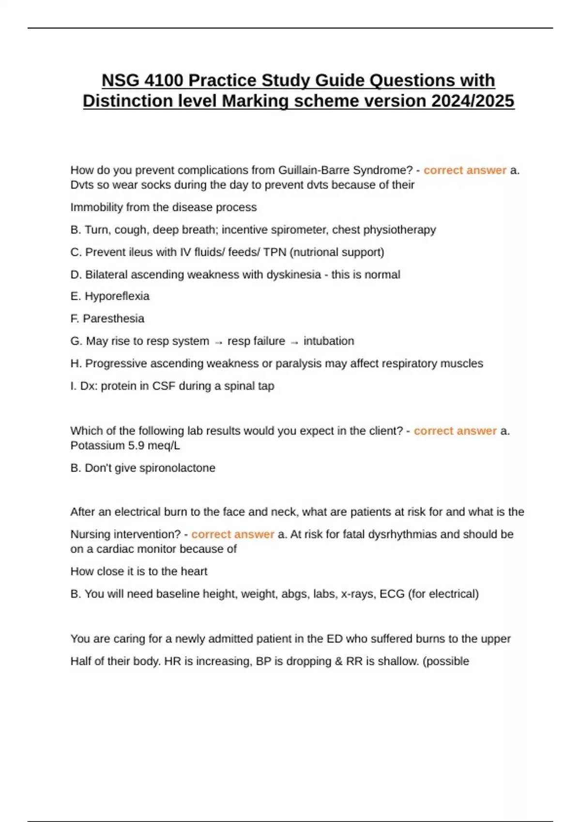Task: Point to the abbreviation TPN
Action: (275, 252)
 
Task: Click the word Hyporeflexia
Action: (117, 296)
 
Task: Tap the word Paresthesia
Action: (113, 319)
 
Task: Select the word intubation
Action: (329, 341)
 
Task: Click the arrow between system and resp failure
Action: (218, 342)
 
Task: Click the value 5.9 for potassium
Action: (137, 446)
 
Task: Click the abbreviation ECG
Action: (392, 594)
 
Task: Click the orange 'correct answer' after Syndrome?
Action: (465, 170)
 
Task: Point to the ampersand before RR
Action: (338, 661)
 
